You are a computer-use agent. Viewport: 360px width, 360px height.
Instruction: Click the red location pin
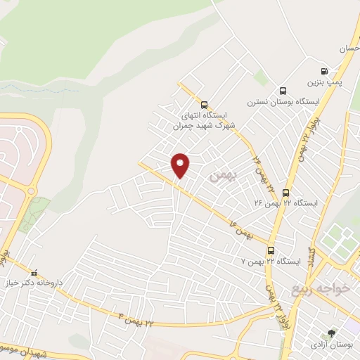tap(181, 165)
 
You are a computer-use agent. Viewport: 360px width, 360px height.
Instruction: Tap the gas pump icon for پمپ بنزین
tap(324, 71)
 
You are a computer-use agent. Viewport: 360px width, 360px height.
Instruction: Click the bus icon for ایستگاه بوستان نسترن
tap(283, 91)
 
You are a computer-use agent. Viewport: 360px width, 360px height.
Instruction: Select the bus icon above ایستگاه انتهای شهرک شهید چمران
tap(204, 104)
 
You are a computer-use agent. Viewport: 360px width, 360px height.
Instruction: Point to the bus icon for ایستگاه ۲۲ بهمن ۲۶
tap(285, 192)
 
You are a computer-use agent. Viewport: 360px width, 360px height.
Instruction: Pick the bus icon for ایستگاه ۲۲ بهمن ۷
tap(271, 250)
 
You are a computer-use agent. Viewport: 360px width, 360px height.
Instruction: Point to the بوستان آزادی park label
tap(332, 345)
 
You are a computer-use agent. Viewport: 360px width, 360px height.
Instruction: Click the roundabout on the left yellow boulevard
tap(30, 191)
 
